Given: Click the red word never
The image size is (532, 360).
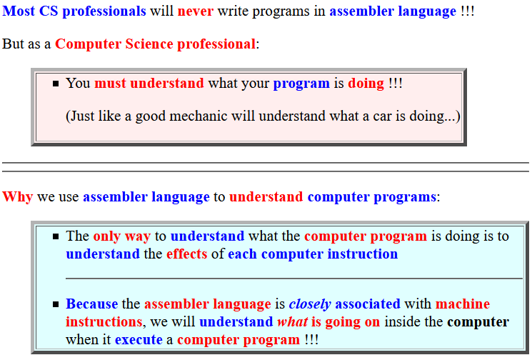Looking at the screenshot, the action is click(196, 11).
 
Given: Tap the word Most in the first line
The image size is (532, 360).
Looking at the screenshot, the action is click(19, 11).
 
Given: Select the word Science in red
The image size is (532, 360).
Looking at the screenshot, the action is click(149, 44).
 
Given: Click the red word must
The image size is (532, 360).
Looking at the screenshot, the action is click(110, 84).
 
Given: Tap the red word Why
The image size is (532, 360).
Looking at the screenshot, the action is click(17, 197).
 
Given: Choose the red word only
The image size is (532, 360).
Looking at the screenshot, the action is click(106, 236).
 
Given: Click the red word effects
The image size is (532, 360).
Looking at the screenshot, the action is click(186, 254).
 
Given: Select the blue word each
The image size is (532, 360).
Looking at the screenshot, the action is click(242, 254).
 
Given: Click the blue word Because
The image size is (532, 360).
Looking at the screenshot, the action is click(91, 304).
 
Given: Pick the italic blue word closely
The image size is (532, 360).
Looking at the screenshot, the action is click(310, 304).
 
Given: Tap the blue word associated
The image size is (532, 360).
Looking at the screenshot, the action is click(368, 304).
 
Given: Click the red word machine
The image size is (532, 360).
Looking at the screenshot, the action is click(463, 304).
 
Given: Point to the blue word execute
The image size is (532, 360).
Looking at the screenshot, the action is click(139, 340).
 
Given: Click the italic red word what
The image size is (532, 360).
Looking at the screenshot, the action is click(293, 322).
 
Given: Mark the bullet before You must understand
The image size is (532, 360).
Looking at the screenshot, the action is click(56, 84).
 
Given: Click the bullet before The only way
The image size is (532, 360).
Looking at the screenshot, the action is click(56, 236).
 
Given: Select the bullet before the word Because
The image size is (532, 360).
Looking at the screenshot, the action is click(56, 304).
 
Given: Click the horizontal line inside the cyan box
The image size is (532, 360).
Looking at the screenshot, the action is click(294, 279).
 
